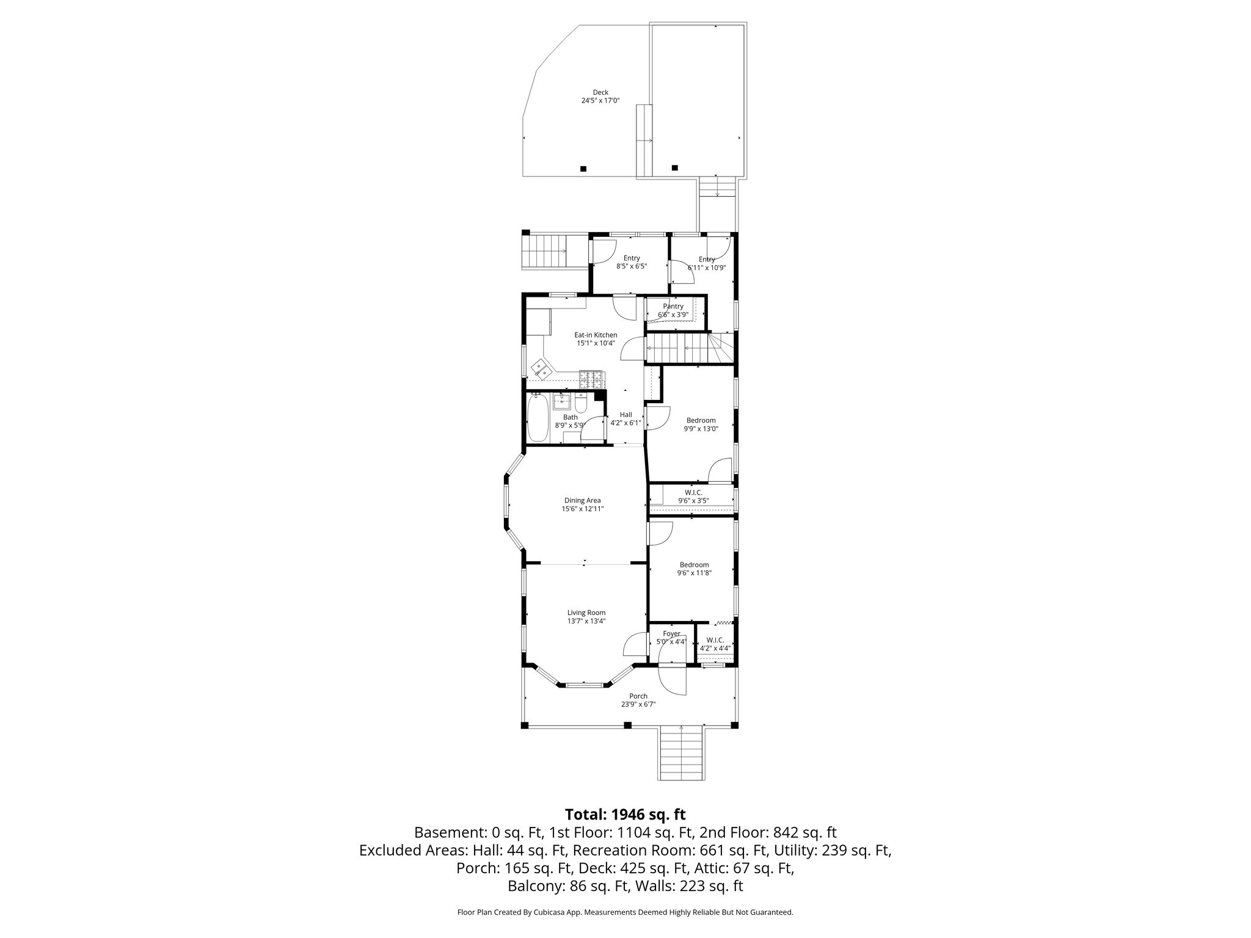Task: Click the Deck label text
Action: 600,93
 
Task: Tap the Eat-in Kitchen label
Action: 596,335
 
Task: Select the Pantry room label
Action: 673,306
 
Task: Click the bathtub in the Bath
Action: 538,418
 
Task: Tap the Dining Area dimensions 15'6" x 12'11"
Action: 582,509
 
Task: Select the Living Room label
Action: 586,613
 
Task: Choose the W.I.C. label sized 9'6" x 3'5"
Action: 693,492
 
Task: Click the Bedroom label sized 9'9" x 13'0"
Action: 701,420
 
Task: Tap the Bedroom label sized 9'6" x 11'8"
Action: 693,565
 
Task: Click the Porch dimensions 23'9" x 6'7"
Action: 638,704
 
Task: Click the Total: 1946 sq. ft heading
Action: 625,814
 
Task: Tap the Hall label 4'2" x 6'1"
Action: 625,415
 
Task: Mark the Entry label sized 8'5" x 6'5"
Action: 631,258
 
